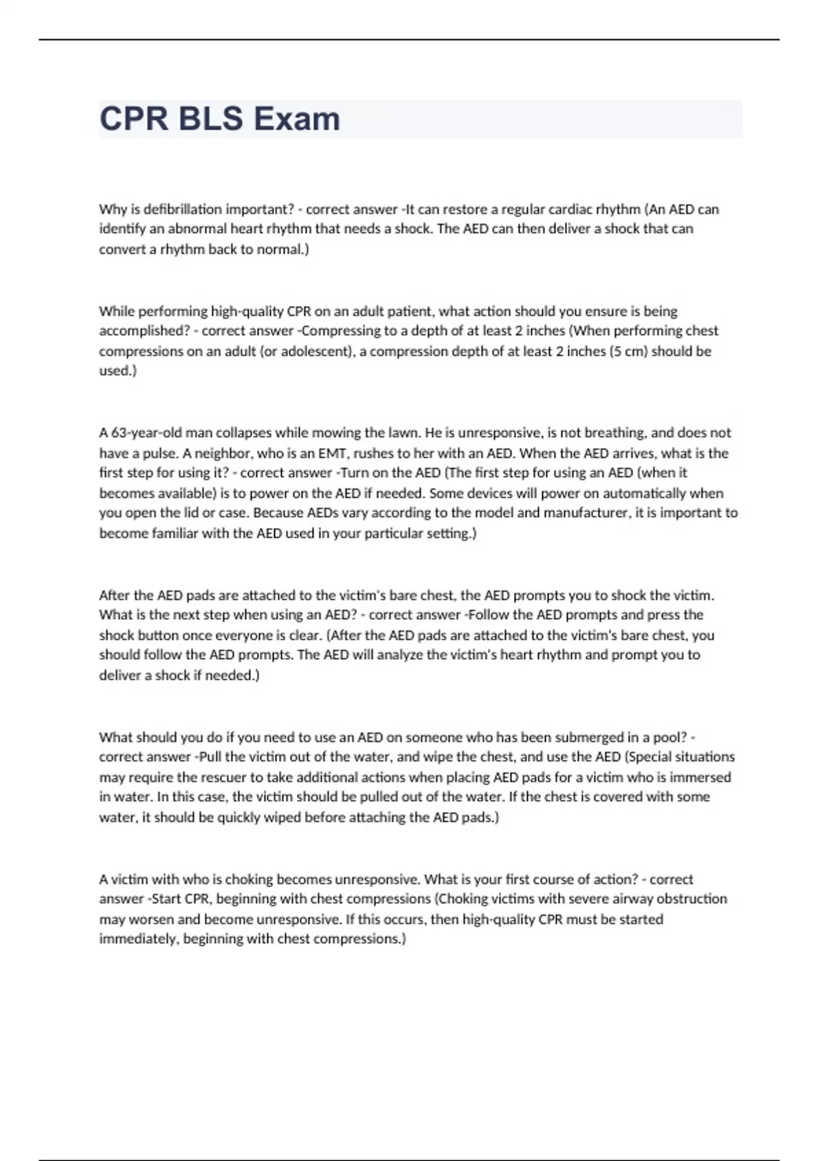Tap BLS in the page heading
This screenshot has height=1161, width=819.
pyautogui.click(x=210, y=119)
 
